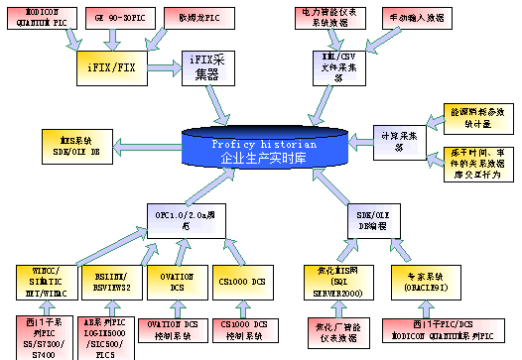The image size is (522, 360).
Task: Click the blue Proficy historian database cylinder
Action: [x=267, y=149]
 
